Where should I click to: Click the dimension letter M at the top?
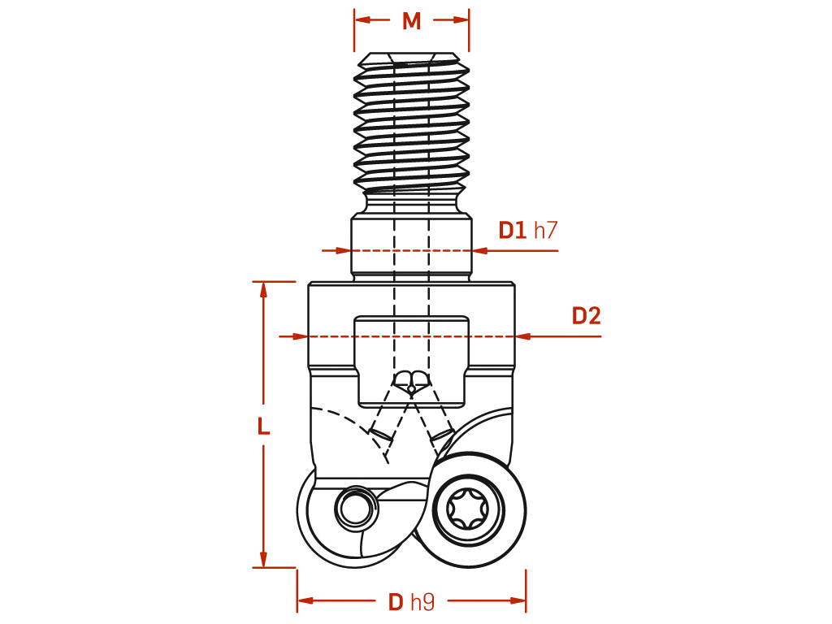tap(411, 21)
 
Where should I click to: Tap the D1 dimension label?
tap(512, 230)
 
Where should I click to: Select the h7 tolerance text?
tap(545, 230)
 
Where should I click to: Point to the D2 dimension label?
tap(586, 316)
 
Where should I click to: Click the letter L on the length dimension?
tap(264, 426)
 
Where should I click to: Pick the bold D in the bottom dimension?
tap(396, 602)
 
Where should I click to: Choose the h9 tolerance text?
tap(422, 602)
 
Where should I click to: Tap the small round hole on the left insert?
tap(354, 509)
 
